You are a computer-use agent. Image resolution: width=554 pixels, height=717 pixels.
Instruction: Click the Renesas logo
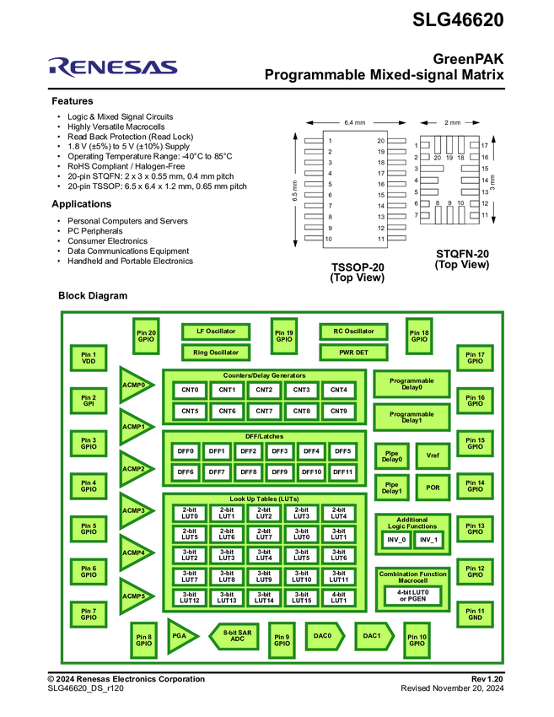point(113,67)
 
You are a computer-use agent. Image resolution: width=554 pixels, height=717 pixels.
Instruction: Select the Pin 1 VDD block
point(89,358)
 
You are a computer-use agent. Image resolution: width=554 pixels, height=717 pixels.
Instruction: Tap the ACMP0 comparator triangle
point(135,385)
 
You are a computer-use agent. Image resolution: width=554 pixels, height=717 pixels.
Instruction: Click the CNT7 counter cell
point(264,412)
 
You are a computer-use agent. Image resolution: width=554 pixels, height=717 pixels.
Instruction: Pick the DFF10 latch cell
point(311,472)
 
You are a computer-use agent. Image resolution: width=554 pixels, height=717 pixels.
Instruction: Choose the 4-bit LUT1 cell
point(338,598)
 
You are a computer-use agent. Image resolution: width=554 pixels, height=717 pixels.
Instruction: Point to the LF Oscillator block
point(217,332)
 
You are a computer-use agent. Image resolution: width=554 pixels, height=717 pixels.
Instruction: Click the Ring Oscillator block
point(217,353)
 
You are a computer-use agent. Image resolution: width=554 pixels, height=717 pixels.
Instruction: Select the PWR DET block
point(352,353)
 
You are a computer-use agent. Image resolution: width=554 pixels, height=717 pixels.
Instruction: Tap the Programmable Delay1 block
point(411,418)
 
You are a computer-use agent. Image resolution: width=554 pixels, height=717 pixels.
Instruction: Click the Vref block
point(433,456)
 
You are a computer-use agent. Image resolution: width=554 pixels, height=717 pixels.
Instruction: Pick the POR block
point(433,488)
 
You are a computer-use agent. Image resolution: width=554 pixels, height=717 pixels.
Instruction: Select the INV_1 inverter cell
point(429,539)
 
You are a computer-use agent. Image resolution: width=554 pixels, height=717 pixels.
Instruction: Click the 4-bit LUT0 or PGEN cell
point(413,596)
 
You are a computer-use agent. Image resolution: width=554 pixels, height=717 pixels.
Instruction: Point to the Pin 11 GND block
point(475,614)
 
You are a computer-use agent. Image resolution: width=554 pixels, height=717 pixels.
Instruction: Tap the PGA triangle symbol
point(179,636)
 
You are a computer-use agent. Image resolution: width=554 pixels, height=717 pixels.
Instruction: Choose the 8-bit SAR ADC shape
point(234,636)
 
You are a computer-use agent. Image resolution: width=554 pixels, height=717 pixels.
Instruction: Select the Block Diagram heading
point(93,296)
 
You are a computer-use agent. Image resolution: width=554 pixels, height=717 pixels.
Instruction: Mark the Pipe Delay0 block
point(392,456)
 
